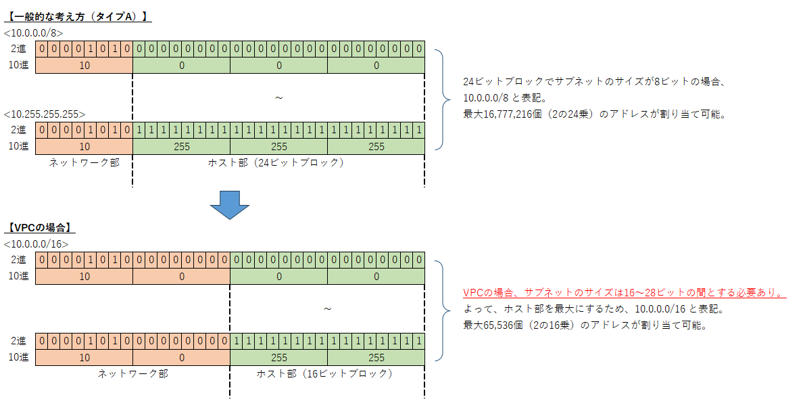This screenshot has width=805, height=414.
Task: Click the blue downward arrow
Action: click(230, 204)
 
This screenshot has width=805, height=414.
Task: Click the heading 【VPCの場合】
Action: click(40, 229)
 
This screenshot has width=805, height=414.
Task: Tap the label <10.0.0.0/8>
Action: click(33, 32)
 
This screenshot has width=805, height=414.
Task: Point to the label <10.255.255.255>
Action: click(45, 114)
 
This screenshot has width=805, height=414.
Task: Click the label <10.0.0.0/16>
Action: click(36, 244)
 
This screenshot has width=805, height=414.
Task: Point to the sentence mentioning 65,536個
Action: click(585, 325)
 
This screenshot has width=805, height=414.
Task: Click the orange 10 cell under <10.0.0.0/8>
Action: click(84, 66)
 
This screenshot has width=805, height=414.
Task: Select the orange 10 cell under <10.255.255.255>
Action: click(84, 146)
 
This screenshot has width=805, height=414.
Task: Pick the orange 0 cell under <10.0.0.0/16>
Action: click(181, 276)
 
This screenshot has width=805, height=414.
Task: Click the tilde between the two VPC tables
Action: click(327, 309)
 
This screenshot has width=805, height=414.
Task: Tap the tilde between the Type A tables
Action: click(278, 98)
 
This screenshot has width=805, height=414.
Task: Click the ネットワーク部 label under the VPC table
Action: click(132, 373)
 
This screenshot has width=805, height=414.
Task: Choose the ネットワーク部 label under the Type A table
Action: click(84, 162)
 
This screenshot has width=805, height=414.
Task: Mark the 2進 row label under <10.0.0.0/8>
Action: click(19, 49)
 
